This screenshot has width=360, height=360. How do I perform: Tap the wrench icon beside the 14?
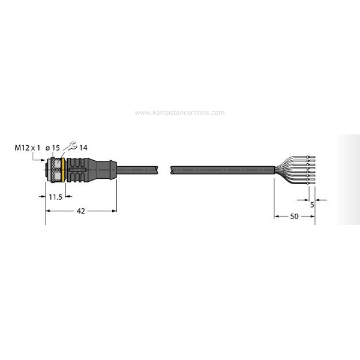click(x=71, y=146)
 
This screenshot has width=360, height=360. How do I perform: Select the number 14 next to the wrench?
click(x=83, y=148)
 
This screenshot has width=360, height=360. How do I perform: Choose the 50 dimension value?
click(x=294, y=215)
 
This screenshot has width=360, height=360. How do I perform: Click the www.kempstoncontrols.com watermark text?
click(x=180, y=112)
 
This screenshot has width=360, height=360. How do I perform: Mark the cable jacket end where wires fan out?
click(x=274, y=170)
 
